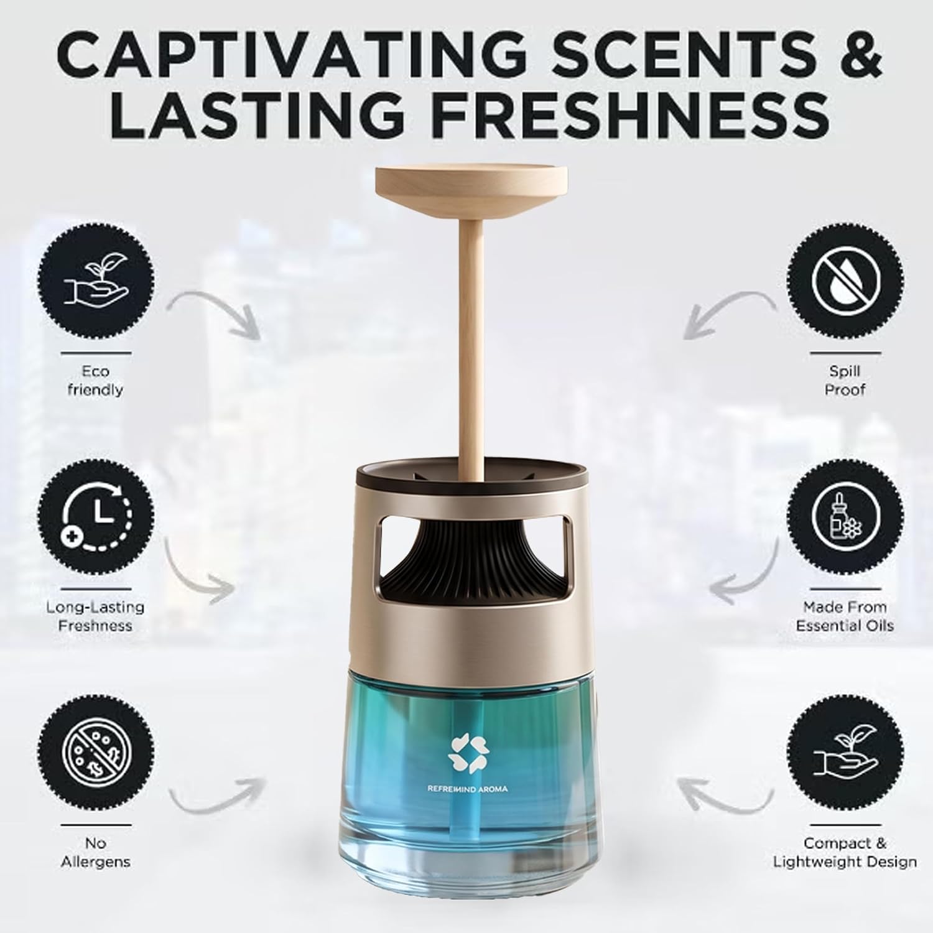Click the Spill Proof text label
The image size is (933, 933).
(x=845, y=380)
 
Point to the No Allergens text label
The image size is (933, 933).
(x=96, y=853)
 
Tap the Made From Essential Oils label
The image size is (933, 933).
(x=845, y=616)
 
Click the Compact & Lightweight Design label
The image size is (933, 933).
(x=845, y=852)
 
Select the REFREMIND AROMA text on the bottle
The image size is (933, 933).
(x=467, y=789)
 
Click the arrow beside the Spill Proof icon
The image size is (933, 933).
(x=728, y=314)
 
